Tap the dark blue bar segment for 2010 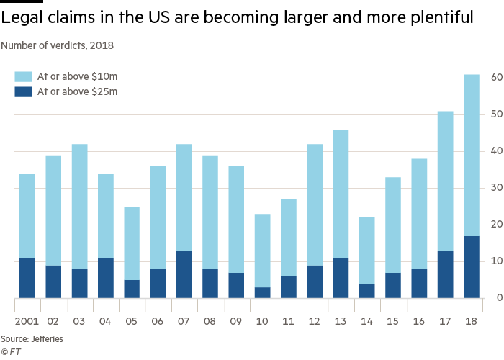(x=262, y=292)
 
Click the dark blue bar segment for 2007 (x=184, y=274)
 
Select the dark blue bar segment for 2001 (x=27, y=277)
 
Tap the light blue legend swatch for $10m (x=23, y=76)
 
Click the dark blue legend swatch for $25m (x=23, y=91)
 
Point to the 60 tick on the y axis (x=495, y=77)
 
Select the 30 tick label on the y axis (x=495, y=188)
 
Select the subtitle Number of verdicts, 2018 (x=58, y=45)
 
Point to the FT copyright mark (x=10, y=351)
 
